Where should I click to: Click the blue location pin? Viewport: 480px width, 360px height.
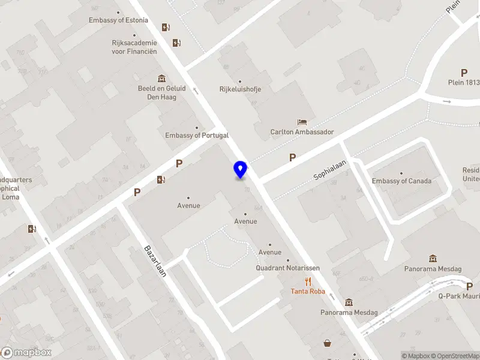coord(240,169)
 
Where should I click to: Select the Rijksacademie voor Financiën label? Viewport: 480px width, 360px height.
coord(134,47)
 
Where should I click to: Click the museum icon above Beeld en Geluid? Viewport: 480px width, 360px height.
coord(161,79)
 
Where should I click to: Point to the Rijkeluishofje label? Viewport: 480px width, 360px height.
coord(240,89)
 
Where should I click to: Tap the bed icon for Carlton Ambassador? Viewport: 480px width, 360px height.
coord(302,122)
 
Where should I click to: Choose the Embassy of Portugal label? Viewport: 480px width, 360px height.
coord(197,136)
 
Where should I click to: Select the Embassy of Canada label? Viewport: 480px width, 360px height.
coord(401,181)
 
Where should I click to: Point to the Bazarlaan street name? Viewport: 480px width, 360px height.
coord(155,260)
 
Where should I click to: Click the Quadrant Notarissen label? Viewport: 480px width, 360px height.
coord(287,268)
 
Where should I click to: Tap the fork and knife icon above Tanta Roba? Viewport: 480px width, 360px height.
coord(308,281)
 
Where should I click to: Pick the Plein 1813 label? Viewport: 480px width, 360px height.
coord(464,83)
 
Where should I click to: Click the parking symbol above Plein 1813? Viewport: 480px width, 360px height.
coord(464,73)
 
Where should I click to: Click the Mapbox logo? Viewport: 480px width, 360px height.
coord(26,353)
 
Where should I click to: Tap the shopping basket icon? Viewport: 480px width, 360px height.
coord(328,343)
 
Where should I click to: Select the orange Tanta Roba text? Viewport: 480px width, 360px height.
coord(308,292)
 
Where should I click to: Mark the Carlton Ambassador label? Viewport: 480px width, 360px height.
coord(302,132)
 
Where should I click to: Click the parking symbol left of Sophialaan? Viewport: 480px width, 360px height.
coord(293,157)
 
